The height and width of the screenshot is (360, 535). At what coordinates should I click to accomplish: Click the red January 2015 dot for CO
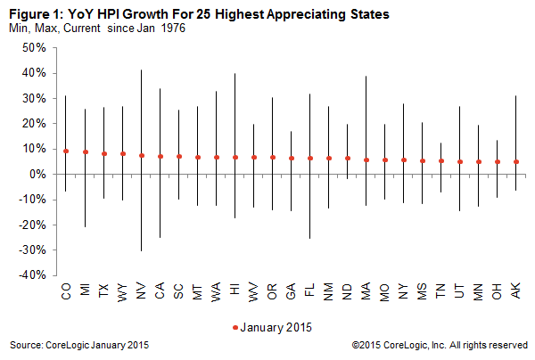coord(66,151)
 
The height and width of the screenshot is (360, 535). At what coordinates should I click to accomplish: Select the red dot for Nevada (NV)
coord(142,155)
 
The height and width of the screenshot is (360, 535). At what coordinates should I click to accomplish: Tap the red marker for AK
coord(516,162)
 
